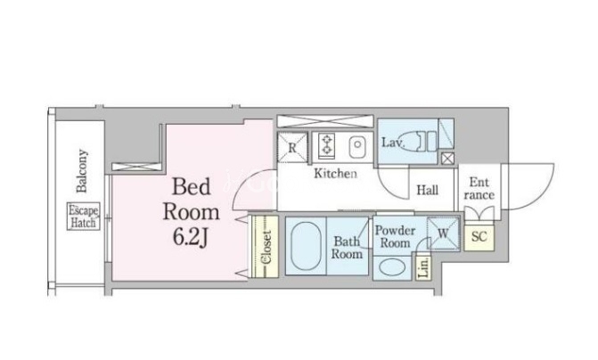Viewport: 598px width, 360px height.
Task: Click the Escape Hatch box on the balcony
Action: [x=84, y=216]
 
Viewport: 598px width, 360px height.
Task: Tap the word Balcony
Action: [x=82, y=171]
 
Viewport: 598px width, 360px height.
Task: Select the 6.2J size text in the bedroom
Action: [x=191, y=238]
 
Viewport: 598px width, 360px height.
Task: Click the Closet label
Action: [x=266, y=247]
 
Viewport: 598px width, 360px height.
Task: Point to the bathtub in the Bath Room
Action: [x=306, y=246]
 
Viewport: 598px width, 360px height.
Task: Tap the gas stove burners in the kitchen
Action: [x=326, y=144]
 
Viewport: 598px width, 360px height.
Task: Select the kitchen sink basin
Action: [x=357, y=145]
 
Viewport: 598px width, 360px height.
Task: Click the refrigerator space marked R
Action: [x=292, y=147]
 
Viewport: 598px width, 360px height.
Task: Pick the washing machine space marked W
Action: [x=443, y=233]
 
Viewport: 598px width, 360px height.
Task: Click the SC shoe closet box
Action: [x=479, y=237]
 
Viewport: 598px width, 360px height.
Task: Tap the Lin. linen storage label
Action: [x=423, y=267]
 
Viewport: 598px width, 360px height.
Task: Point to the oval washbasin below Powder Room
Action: [x=392, y=267]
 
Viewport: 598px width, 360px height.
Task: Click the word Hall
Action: [x=427, y=190]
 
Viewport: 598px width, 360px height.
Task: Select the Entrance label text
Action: [x=479, y=188]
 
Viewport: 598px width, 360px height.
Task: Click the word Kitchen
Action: [x=335, y=174]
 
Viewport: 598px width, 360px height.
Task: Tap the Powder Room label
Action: [x=395, y=236]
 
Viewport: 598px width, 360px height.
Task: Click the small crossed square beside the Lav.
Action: [x=447, y=159]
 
